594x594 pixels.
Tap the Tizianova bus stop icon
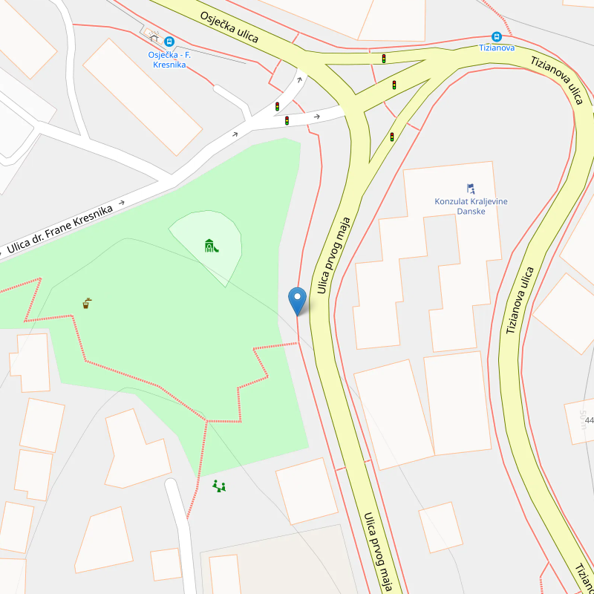(x=496, y=36)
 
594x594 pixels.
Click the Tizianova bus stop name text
(x=496, y=47)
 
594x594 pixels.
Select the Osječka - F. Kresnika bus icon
(x=169, y=42)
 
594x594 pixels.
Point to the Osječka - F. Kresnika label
(x=169, y=59)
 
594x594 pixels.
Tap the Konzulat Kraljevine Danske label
(x=471, y=206)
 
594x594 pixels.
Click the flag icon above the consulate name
(x=471, y=189)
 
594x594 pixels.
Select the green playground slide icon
(x=211, y=245)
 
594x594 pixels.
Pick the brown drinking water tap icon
(x=87, y=303)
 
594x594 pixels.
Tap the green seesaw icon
(x=219, y=486)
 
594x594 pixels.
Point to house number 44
(x=589, y=421)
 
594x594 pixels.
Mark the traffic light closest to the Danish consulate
(x=392, y=137)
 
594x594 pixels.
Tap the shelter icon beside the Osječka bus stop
(x=153, y=33)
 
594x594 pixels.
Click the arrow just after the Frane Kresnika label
(x=121, y=202)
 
